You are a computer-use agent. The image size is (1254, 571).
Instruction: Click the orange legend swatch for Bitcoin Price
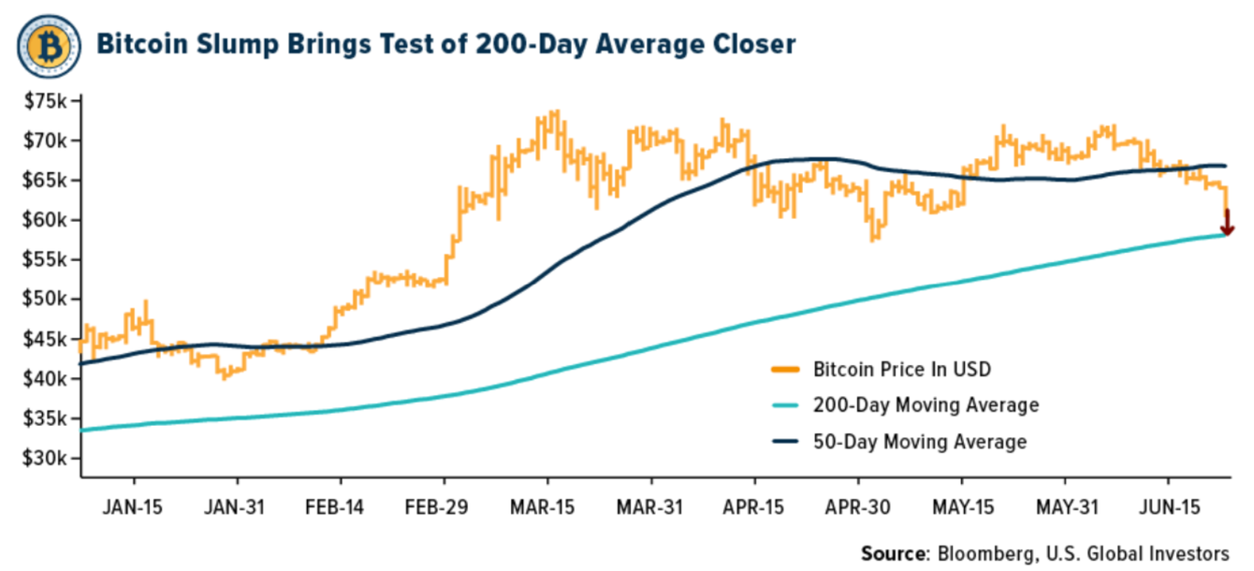[784, 369]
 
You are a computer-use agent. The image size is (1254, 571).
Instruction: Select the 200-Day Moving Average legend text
[926, 405]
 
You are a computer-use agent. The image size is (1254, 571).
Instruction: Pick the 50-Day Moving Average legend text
[920, 442]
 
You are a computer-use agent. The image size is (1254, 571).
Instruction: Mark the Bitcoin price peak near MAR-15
[555, 112]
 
